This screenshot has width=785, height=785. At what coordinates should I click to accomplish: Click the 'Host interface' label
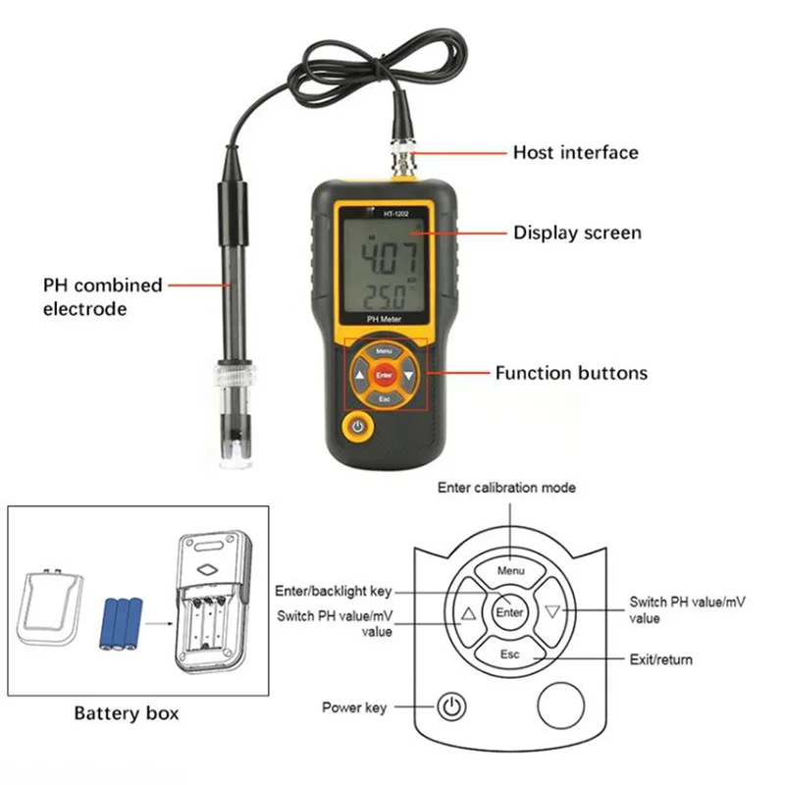pos(575,152)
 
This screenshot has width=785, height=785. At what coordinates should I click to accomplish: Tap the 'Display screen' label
pos(577,233)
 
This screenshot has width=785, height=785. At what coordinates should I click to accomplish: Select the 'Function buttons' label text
pos(571,373)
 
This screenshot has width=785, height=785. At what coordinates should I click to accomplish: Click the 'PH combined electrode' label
pos(102,296)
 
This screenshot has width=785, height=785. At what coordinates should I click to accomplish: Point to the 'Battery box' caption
pos(127,713)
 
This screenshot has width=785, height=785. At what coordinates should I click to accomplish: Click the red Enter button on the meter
pos(384,375)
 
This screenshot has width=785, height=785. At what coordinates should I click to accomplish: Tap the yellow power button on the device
pos(357,428)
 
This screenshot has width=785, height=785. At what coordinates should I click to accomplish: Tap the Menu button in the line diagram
pos(510,570)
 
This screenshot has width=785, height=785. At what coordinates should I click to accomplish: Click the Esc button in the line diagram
pos(509,654)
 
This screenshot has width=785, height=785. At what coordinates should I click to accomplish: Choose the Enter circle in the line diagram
pos(509,612)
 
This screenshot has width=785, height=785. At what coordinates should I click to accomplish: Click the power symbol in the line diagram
pos(450,706)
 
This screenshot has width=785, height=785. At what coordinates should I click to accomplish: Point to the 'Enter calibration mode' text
pos(506,488)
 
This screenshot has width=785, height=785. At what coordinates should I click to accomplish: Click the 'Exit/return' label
pos(659,659)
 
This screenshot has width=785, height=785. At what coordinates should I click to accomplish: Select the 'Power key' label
pos(354,706)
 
